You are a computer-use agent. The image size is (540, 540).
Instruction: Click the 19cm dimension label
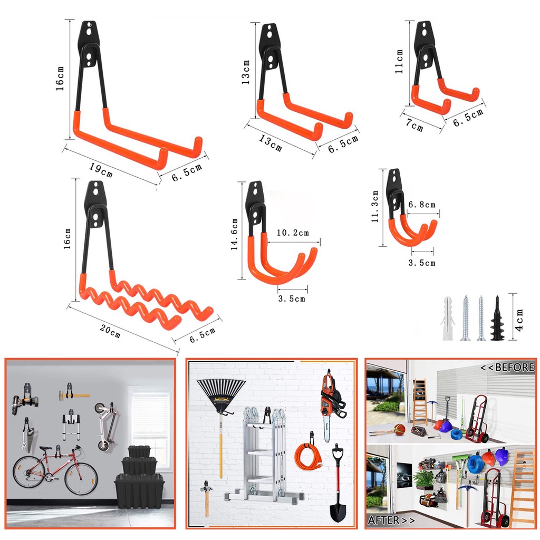101,169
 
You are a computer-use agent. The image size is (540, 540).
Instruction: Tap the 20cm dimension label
110,331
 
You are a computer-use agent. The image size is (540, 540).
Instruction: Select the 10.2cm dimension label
293,233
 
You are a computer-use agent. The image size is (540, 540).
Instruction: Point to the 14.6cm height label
235,234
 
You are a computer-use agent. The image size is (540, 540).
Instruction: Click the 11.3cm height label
375,206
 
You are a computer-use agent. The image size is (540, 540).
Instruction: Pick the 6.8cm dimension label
422,205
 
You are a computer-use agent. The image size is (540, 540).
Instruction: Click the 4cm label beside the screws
519,320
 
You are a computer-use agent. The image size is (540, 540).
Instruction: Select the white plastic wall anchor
447,318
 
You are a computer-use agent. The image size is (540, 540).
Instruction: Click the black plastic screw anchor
498,318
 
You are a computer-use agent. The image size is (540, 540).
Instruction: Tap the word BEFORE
515,367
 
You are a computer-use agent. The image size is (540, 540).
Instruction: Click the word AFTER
384,520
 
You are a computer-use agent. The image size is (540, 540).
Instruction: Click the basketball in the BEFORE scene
400,429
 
